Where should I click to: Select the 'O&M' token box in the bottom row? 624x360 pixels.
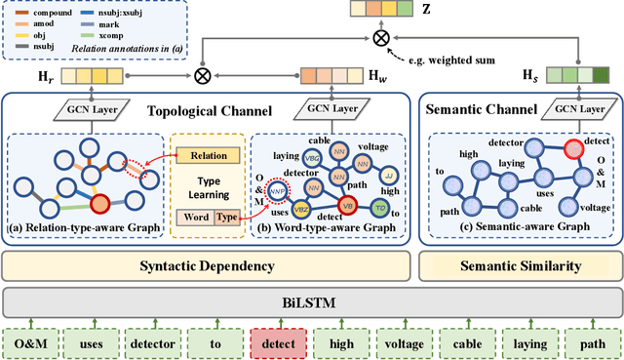point(32,342)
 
